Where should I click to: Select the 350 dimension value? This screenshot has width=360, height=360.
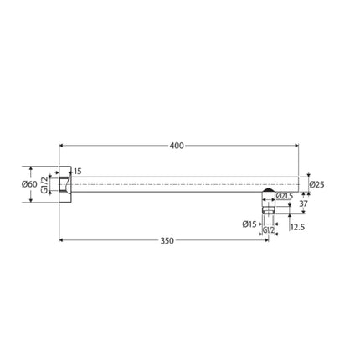pos(167,240)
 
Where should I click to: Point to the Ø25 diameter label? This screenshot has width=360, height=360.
pos(317,184)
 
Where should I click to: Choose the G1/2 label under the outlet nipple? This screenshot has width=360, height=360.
pos(269,229)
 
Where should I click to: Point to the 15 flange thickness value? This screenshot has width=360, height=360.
pos(78,172)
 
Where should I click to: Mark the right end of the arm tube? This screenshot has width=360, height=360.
pos(299,183)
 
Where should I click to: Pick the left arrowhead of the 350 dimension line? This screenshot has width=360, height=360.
pos(63,241)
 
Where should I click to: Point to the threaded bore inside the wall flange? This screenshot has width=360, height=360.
pos(67,184)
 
